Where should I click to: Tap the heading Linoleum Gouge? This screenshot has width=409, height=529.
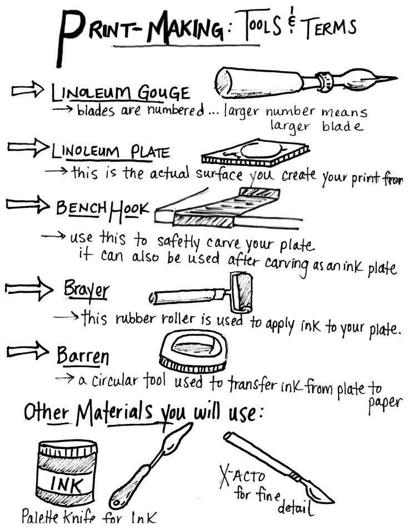pos(120,92)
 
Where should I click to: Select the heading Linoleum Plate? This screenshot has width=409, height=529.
pos(111,151)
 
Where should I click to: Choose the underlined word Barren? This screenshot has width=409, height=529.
pos(83,355)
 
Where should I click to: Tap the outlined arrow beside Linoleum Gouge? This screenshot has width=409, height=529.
pos(28,89)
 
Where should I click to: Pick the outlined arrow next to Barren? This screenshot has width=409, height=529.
pos(27,351)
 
